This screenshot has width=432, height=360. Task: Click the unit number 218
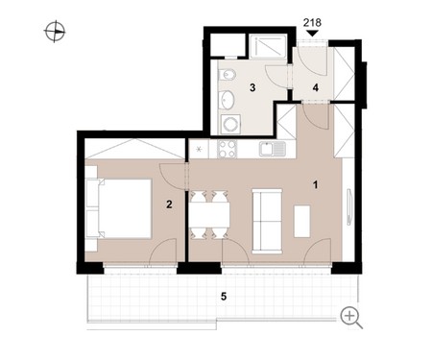312,23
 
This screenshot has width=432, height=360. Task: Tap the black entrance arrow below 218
312,34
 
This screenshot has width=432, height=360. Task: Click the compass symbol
55,32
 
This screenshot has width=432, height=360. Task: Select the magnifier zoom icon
351,318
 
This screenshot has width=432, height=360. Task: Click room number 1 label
316,185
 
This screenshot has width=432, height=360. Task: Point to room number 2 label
169,204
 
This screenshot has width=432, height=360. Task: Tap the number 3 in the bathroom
252,87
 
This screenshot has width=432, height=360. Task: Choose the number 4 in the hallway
316,87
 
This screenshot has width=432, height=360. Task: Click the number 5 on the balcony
224,297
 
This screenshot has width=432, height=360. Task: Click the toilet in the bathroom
228,76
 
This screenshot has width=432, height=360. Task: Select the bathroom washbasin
227,99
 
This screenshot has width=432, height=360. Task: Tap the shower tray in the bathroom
268,46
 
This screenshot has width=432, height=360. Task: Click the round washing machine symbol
230,124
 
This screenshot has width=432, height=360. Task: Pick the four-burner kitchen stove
228,149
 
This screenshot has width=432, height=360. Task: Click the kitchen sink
273,149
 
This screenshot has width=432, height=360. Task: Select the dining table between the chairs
209,214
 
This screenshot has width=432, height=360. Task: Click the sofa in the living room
267,221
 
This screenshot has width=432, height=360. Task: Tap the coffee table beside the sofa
301,221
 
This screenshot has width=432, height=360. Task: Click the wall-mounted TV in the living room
349,207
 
